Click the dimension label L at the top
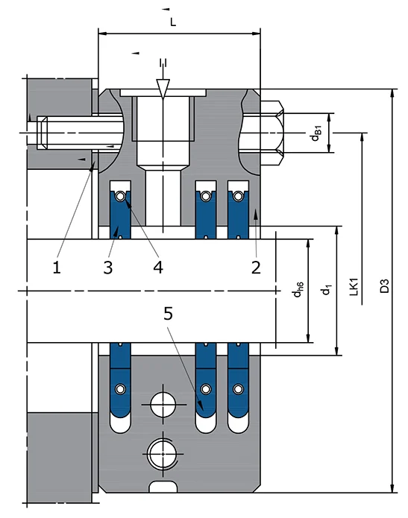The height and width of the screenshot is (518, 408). (173, 22)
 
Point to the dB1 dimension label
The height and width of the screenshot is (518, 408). (316, 133)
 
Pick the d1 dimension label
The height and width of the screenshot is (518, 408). (326, 288)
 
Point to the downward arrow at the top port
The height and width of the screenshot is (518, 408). (163, 86)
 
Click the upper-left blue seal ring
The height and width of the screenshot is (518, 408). (119, 212)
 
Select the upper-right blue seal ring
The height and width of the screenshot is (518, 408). (238, 212)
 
